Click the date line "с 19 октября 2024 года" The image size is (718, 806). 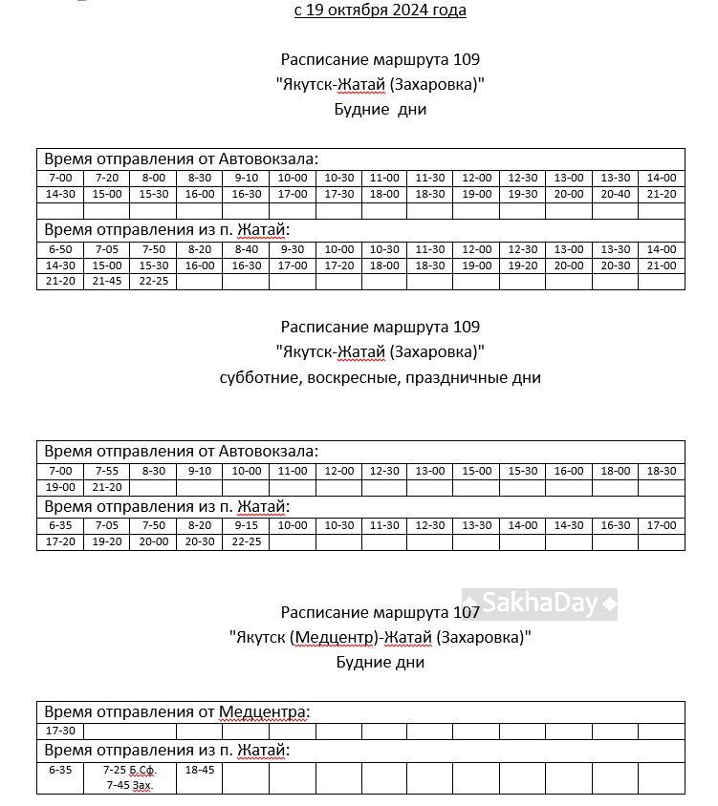tap(380, 11)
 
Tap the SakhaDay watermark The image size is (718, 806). tap(540, 604)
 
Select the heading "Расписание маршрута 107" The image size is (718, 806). tap(380, 612)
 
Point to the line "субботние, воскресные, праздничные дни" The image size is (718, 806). tap(380, 377)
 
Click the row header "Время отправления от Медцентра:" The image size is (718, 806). tap(177, 712)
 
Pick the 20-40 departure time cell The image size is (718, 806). tap(615, 195)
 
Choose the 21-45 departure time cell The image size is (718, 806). tap(107, 282)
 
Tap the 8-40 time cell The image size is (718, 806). tap(246, 249)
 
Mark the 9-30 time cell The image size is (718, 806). tap(292, 249)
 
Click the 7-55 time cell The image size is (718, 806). tap(107, 471)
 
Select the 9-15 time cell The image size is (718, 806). tap(246, 525)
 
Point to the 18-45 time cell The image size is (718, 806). tap(200, 770)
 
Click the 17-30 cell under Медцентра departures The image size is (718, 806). tap(60, 732)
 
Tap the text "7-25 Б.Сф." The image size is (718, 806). tap(129, 770)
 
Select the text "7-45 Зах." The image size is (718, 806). tap(130, 785)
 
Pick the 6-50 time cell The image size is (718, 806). tap(60, 249)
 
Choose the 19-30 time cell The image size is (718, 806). tap(522, 195)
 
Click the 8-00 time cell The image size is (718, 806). tap(153, 178)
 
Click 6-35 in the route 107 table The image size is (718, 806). tap(60, 770)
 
